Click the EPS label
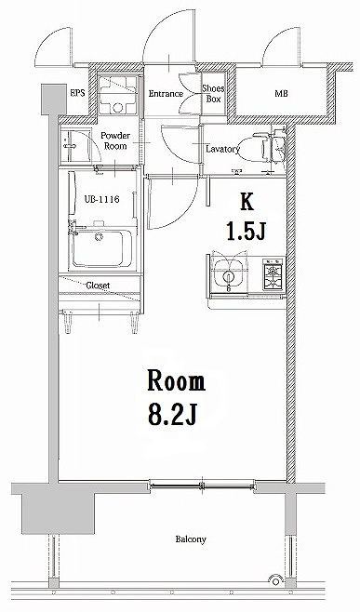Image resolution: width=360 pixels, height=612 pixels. (x=77, y=93)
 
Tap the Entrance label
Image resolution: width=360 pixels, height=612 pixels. (x=167, y=93)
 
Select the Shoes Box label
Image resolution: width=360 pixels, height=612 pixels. (x=213, y=93)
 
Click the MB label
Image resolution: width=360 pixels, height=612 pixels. (x=280, y=93)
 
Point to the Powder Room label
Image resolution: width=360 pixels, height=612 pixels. (x=114, y=140)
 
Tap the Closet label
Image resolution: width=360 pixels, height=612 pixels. (x=100, y=286)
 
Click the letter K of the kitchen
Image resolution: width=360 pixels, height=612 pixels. (x=247, y=199)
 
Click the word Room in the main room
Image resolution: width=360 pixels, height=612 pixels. (x=174, y=381)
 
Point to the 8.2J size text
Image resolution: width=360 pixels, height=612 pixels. (x=174, y=414)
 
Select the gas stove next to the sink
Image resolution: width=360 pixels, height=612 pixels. (x=272, y=274)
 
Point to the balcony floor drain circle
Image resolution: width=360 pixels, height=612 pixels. (x=274, y=580)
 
